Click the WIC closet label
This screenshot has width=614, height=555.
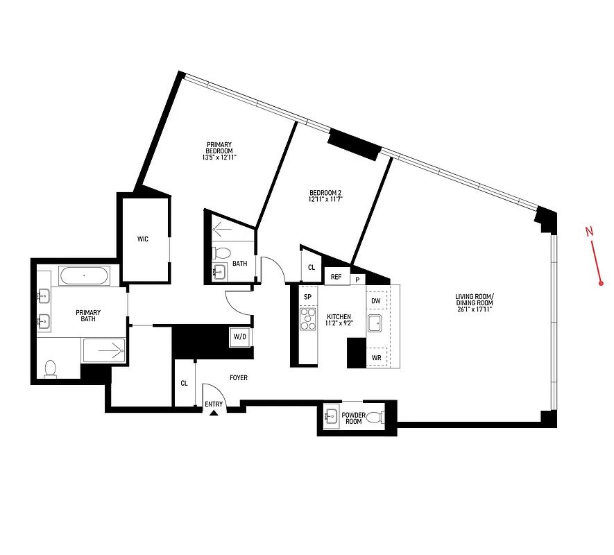coord(143,239)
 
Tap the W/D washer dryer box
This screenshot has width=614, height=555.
coord(240,336)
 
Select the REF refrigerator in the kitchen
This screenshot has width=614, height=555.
coord(336,277)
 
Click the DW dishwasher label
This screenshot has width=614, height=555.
coord(375,300)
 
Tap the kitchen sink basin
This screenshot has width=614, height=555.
coord(375,323)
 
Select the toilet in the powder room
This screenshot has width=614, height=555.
coord(375,418)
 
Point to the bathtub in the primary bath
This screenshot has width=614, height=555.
coord(84,276)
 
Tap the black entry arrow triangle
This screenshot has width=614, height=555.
coord(214,413)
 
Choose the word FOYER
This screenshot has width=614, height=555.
coord(237,378)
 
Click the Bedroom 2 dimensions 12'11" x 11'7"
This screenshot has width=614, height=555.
coord(326,200)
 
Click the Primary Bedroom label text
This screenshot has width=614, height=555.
coord(219,148)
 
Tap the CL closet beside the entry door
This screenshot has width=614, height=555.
coord(184,383)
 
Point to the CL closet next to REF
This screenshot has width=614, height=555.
coord(311,268)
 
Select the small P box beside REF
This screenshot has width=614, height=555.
coord(357,280)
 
